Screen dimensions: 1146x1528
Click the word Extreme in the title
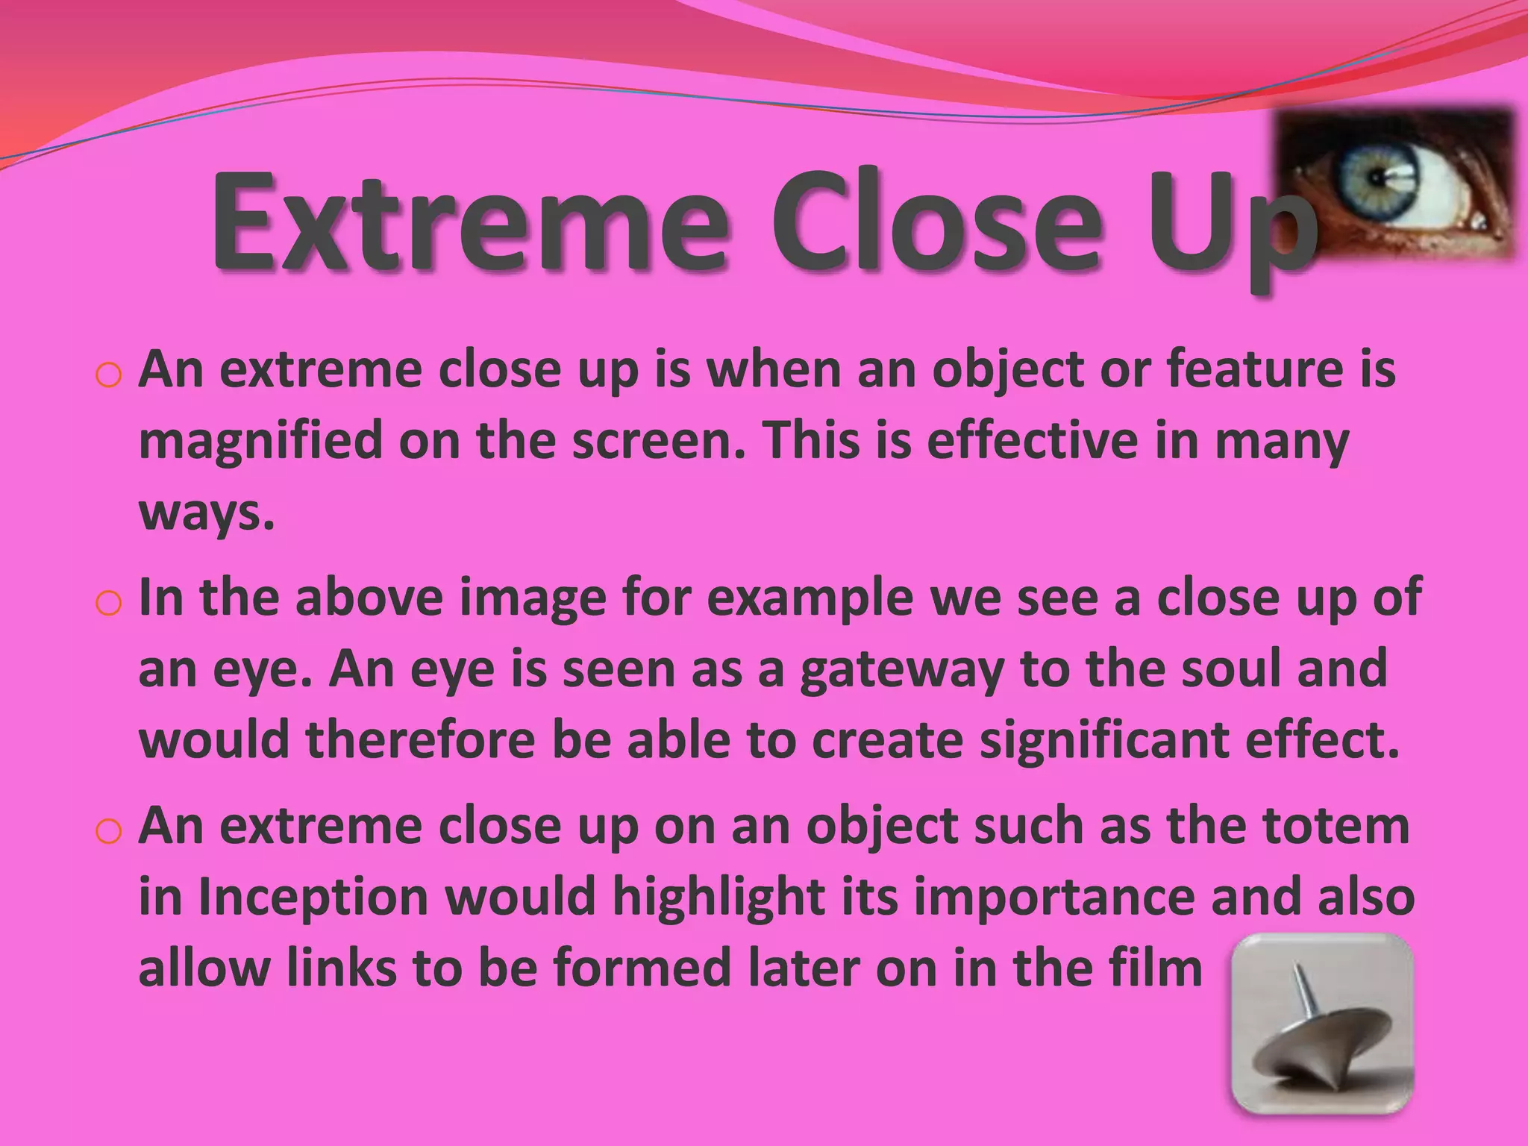click(x=469, y=222)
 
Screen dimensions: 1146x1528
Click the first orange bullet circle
click(x=108, y=375)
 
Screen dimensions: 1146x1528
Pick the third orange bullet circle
click(x=108, y=831)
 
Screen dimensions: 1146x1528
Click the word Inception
click(x=313, y=897)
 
